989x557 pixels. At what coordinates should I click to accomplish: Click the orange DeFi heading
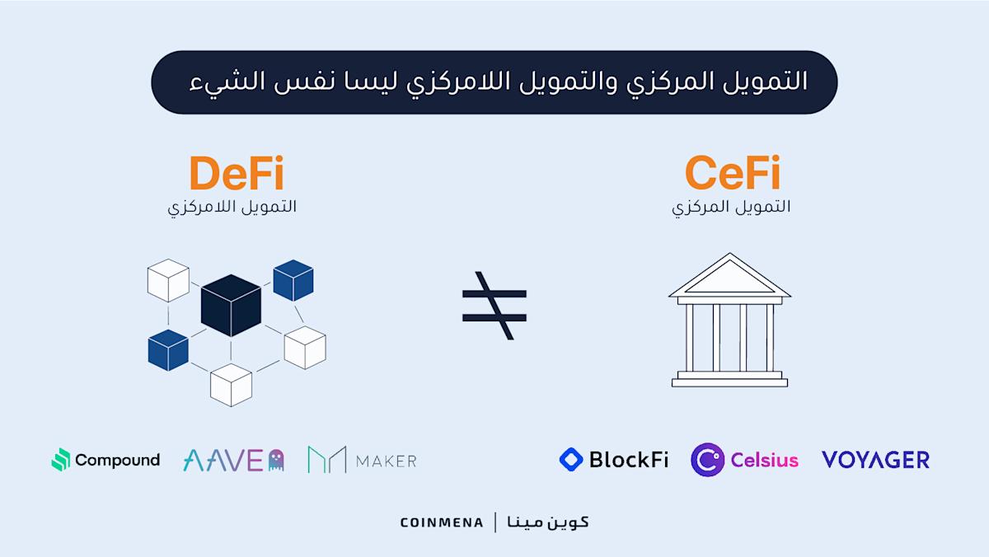pos(236,175)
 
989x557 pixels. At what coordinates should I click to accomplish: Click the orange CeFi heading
pos(732,175)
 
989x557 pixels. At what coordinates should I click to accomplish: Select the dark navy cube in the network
pos(231,305)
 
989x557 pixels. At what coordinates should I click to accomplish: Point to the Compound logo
pos(105,460)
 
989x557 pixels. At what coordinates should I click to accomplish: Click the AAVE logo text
pos(223,460)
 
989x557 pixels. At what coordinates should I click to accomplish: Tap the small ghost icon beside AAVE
pos(276,460)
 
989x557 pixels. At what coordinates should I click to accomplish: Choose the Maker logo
pos(362,460)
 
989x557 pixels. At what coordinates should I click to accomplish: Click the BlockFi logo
pos(614,459)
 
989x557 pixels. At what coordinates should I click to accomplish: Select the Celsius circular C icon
pos(707,460)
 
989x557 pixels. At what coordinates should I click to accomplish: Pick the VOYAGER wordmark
pos(875,460)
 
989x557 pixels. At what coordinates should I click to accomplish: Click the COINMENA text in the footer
pos(442,522)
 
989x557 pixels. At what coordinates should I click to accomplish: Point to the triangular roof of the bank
pos(729,278)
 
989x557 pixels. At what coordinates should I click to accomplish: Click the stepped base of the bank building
pos(729,378)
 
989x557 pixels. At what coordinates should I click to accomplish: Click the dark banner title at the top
pos(494,82)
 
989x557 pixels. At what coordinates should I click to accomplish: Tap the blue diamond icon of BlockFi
pos(571,459)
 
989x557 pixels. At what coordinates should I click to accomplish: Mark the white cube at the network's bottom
pos(231,384)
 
